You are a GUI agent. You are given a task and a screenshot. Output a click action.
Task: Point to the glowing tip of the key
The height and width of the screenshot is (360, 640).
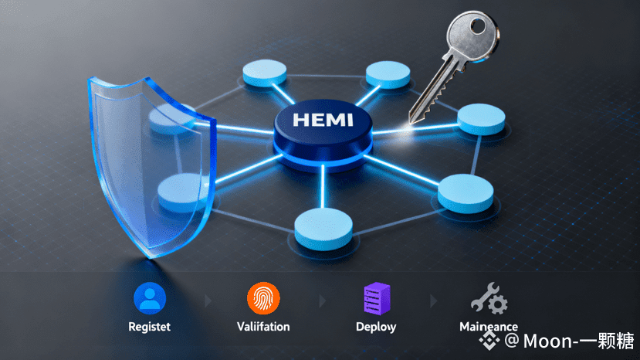click(406, 128)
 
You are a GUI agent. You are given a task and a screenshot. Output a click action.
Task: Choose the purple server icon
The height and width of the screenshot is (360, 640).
click(377, 298)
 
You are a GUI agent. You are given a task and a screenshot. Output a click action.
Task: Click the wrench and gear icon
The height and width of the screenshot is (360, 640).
click(489, 298)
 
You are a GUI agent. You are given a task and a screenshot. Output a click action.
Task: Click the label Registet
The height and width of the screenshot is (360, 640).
click(150, 327)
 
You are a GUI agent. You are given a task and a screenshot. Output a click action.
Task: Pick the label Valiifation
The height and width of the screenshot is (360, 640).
click(263, 327)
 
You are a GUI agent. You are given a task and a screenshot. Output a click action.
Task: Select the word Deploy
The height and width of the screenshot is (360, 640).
click(377, 327)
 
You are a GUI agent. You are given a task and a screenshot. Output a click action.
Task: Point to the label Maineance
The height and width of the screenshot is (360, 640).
click(489, 327)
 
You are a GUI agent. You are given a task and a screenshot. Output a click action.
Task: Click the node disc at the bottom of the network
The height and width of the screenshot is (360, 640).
click(317, 224)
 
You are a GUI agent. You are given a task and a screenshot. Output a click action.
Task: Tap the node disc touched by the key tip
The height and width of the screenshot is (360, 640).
click(480, 118)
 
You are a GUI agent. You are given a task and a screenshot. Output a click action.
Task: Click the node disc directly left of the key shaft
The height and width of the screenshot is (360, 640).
click(388, 73)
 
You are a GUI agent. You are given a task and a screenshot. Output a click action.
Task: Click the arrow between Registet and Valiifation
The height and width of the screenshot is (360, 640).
click(206, 298)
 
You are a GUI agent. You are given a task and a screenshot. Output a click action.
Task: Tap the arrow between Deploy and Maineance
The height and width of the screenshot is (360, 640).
click(433, 298)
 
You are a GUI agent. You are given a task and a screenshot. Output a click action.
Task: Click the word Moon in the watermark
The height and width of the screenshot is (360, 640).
click(544, 340)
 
